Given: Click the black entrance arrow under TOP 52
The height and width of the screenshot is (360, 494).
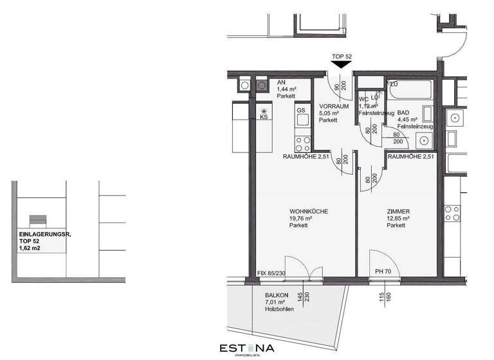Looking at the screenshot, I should [x=341, y=64].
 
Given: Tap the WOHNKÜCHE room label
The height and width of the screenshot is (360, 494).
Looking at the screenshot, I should [x=309, y=212].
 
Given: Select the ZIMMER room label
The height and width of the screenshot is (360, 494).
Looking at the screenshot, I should [x=398, y=212].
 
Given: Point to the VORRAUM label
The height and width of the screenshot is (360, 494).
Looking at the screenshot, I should [x=334, y=106].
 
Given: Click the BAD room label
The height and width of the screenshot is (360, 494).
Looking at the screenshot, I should [x=403, y=112].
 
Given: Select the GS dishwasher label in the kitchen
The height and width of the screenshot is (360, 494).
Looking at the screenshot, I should [x=300, y=111].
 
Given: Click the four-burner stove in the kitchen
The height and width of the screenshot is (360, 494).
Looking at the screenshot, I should [x=302, y=139].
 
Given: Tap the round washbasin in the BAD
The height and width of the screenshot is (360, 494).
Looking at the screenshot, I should [x=424, y=141].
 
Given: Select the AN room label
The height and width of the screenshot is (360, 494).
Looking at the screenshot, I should [x=281, y=83].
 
